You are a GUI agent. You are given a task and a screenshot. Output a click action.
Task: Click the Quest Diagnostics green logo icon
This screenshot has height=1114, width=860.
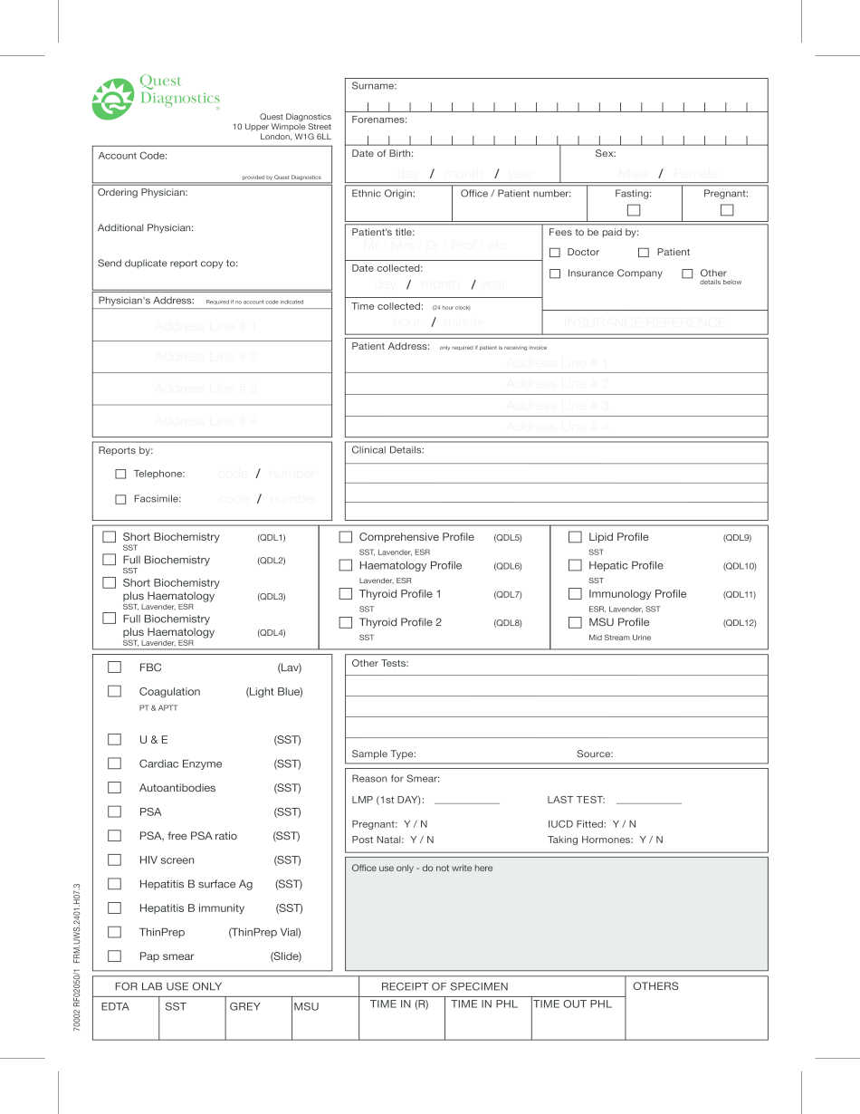(x=113, y=99)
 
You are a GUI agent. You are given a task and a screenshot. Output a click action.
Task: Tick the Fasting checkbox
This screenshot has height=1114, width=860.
(x=634, y=210)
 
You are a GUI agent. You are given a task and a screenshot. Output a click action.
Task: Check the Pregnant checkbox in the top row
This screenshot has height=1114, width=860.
(x=726, y=210)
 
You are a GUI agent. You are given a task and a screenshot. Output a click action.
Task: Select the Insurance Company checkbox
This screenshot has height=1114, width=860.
(x=555, y=274)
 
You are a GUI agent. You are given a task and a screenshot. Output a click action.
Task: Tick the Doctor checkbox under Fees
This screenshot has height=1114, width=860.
(x=555, y=253)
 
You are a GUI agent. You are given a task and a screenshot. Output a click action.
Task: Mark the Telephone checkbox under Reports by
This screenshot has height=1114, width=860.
(x=120, y=474)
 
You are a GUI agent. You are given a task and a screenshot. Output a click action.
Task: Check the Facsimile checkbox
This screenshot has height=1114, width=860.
(x=120, y=499)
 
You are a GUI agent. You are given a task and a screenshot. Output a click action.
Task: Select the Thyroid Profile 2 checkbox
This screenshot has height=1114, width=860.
(x=345, y=623)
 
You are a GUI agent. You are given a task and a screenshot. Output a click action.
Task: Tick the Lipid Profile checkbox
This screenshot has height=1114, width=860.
(x=575, y=537)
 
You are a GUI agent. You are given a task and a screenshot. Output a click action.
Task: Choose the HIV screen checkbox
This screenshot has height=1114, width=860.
(x=114, y=860)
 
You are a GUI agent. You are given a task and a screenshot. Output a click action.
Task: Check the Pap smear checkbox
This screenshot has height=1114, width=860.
(x=114, y=956)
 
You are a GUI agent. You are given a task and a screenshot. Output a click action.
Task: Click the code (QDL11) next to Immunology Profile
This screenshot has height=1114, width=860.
(x=739, y=595)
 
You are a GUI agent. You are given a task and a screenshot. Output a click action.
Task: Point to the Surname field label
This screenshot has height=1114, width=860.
(x=374, y=86)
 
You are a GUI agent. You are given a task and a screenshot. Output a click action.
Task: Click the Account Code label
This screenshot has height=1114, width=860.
(x=132, y=156)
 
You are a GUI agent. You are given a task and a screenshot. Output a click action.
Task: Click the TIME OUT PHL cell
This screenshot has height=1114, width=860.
(x=572, y=1004)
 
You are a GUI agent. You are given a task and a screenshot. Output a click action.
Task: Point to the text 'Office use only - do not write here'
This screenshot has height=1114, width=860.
(x=422, y=868)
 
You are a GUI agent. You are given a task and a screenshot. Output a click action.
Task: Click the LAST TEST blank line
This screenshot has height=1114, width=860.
(x=648, y=801)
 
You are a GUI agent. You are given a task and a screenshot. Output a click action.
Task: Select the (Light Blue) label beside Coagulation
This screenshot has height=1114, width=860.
(x=274, y=692)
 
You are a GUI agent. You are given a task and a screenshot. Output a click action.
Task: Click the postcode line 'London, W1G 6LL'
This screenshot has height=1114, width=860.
(x=295, y=137)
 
